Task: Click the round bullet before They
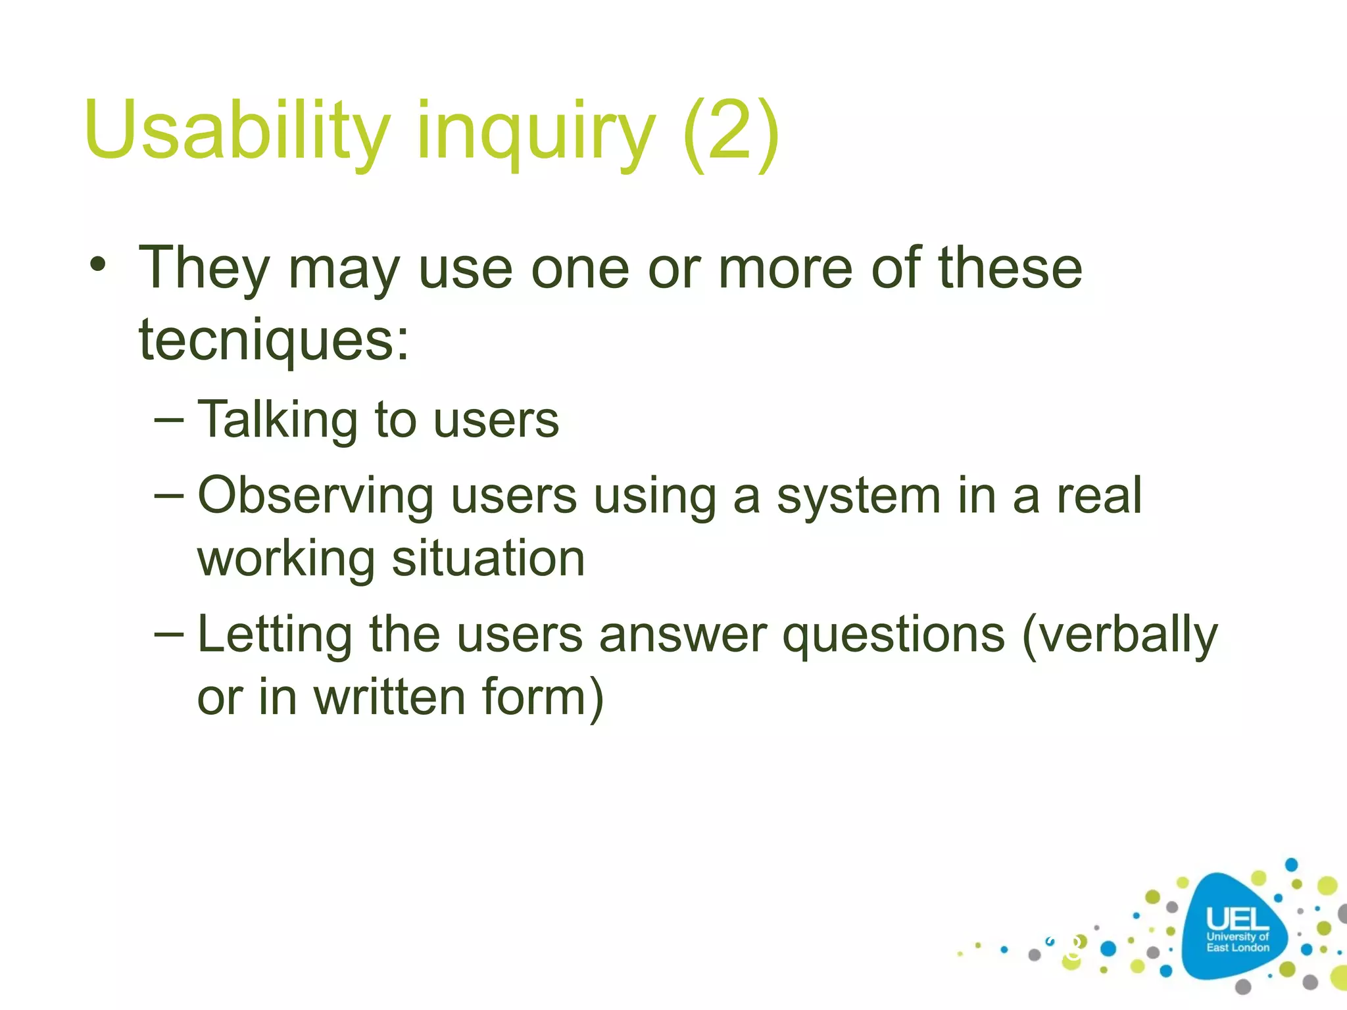99,266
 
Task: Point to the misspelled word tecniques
274,340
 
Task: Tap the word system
858,496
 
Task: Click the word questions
894,635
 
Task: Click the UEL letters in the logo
1237,919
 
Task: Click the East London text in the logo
1237,948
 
